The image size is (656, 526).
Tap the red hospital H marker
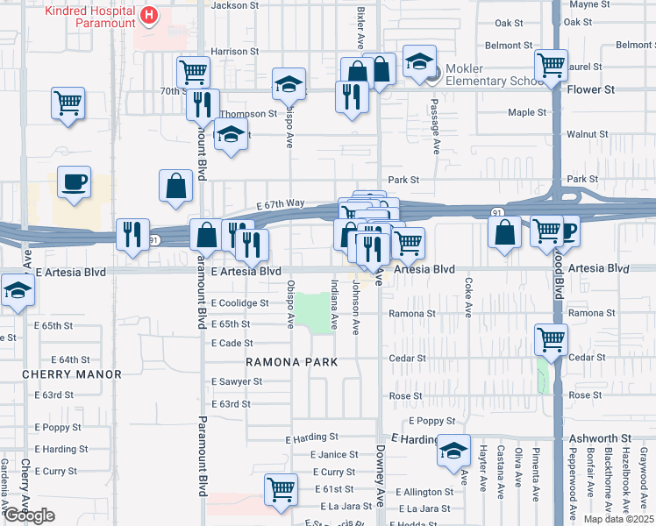pos(148,16)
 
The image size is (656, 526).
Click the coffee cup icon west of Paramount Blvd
pos(75,182)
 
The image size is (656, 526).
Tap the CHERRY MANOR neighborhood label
pos(73,374)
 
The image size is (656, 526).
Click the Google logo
pos(29,515)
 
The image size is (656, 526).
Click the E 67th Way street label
pos(281,203)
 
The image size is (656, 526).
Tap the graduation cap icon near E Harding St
pos(453,451)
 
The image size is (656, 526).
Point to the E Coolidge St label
pos(239,303)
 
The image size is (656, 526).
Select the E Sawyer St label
pos(237,382)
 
